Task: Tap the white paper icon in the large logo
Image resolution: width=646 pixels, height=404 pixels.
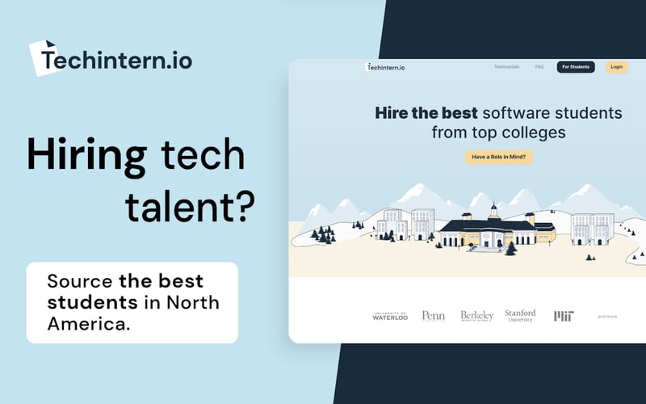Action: (x=44, y=57)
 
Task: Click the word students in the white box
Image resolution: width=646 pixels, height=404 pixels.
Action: (x=91, y=303)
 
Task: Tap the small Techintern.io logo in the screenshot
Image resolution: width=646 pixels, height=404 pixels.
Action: (x=385, y=67)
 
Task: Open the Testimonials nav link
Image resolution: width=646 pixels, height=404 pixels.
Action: (x=506, y=67)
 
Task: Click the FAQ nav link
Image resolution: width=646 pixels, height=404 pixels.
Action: (x=539, y=67)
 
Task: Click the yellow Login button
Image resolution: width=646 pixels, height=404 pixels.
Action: (x=616, y=67)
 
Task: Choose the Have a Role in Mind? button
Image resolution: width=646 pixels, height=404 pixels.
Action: (x=498, y=157)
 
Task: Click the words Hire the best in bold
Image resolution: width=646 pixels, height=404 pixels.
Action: (x=427, y=113)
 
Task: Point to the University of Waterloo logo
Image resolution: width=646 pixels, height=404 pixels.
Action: (x=390, y=316)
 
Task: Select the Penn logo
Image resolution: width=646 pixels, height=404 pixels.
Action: (x=433, y=316)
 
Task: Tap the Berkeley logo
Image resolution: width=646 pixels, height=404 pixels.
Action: (x=476, y=316)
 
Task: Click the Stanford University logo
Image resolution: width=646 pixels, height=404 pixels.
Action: (x=520, y=316)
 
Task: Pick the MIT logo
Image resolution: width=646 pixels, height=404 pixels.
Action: (x=564, y=316)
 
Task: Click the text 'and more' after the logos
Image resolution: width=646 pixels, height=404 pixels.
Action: (x=607, y=317)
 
